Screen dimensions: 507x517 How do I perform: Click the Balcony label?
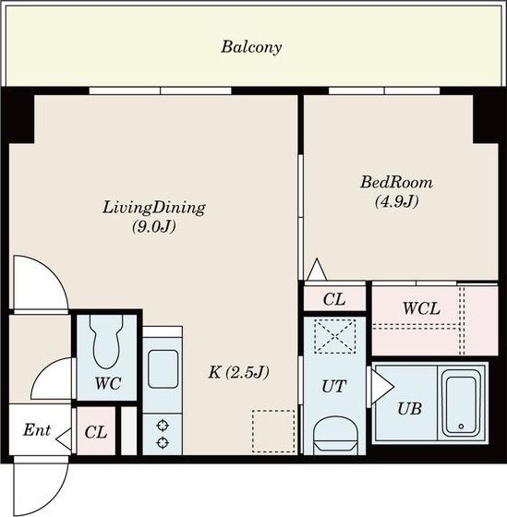click(251, 47)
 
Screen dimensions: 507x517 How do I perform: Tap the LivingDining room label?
click(154, 209)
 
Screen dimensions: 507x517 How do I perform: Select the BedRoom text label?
click(396, 182)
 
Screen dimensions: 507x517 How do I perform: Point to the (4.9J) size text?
click(397, 201)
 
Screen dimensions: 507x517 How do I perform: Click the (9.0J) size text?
click(154, 226)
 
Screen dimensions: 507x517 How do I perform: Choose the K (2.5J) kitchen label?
click(239, 373)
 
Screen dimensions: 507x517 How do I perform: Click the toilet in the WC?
click(106, 342)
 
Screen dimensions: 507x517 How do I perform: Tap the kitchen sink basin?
click(163, 369)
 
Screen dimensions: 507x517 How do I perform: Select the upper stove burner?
click(163, 426)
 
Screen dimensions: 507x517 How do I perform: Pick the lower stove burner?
click(163, 442)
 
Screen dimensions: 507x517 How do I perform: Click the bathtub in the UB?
click(461, 403)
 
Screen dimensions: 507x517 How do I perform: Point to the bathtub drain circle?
click(461, 427)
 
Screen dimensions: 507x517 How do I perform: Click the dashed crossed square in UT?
click(334, 336)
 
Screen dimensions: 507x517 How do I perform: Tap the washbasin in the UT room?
click(334, 435)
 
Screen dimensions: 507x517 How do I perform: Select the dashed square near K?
click(273, 431)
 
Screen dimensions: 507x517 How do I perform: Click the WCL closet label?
click(421, 308)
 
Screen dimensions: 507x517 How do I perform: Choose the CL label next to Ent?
click(96, 432)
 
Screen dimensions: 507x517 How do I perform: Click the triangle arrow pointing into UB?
click(382, 387)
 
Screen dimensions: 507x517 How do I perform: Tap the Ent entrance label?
click(37, 430)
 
